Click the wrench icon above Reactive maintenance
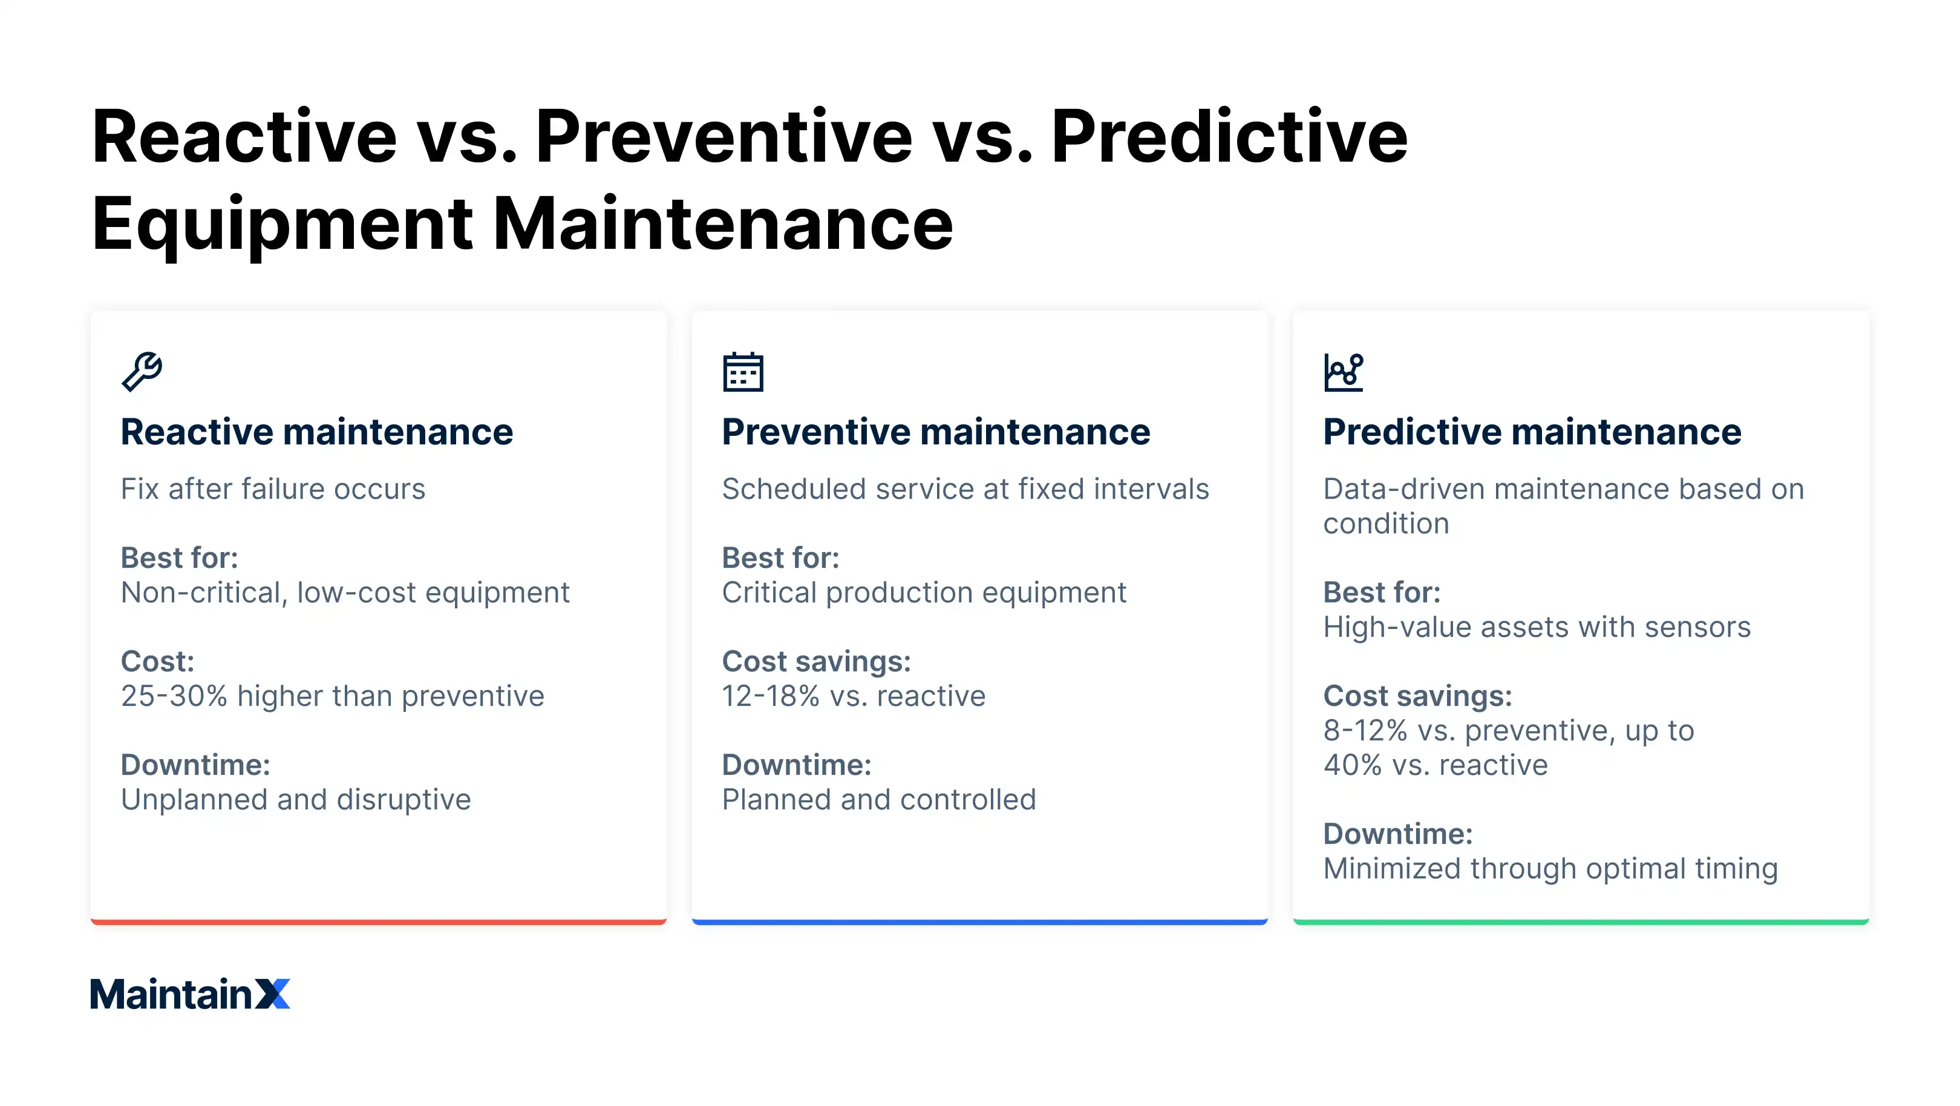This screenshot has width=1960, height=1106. tap(142, 372)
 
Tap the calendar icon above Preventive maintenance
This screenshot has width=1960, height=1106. tap(743, 372)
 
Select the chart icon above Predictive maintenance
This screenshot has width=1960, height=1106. tap(1343, 372)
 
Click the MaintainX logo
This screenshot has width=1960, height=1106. tap(189, 993)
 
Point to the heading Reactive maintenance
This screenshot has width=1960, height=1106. tap(316, 432)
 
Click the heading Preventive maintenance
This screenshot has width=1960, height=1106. tap(935, 432)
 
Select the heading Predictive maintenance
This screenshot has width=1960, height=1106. tap(1532, 432)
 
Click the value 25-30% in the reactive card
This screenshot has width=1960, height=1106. tap(174, 696)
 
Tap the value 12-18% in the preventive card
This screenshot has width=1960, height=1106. tap(770, 696)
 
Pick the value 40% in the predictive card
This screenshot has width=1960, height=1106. tap(1352, 764)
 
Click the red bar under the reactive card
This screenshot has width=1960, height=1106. tap(378, 922)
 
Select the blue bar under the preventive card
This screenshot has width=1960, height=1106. tap(979, 922)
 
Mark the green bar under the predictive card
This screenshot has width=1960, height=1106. tap(1580, 922)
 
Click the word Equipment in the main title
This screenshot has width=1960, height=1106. tap(281, 224)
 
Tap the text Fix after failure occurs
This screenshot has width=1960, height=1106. tap(272, 489)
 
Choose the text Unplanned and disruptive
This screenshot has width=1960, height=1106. tap(295, 799)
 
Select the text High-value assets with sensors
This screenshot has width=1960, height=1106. tap(1536, 627)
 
